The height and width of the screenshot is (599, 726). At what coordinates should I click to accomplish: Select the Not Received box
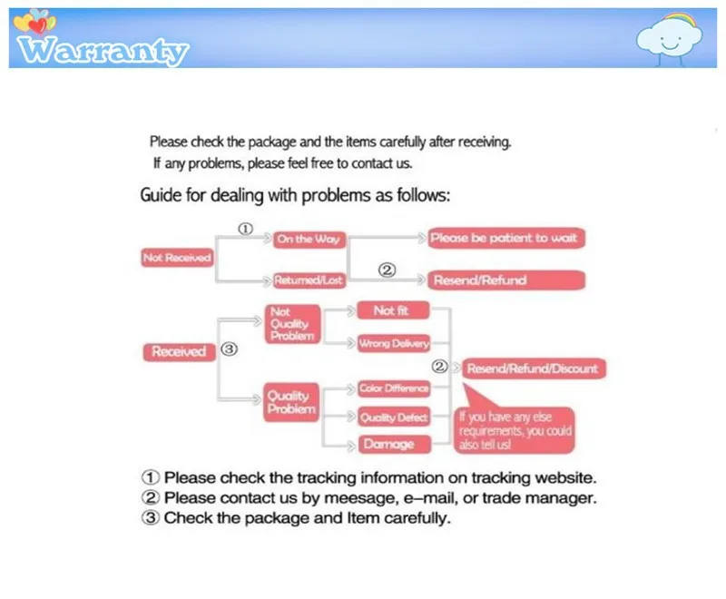click(177, 258)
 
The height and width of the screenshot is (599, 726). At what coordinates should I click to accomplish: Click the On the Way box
click(309, 239)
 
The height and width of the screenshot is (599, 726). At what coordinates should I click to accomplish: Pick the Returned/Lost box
click(309, 280)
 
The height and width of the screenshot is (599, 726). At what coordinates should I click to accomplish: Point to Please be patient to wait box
click(504, 239)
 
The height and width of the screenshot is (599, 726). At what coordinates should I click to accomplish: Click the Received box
click(179, 351)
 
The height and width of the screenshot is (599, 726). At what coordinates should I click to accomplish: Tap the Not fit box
click(392, 310)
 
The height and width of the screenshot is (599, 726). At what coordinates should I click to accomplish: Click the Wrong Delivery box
click(393, 344)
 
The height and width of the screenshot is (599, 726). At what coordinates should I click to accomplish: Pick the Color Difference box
click(393, 389)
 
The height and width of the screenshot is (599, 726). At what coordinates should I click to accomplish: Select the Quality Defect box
click(393, 417)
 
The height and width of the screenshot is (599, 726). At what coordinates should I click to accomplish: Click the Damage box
click(388, 444)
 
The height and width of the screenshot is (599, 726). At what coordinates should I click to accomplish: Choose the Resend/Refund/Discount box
click(533, 368)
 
